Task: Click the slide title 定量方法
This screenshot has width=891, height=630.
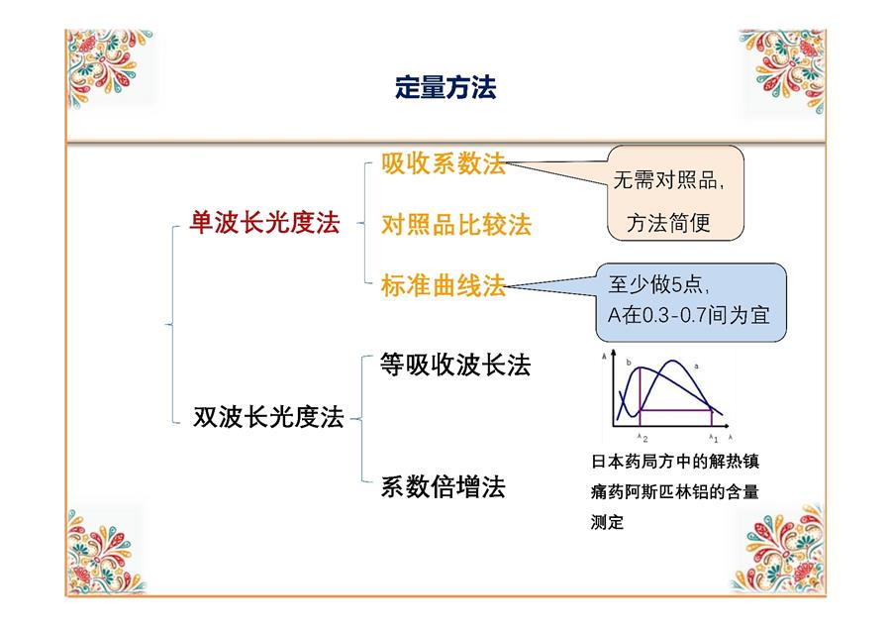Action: (x=445, y=87)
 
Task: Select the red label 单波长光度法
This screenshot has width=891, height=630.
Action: (x=264, y=222)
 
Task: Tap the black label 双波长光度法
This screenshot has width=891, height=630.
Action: (x=268, y=417)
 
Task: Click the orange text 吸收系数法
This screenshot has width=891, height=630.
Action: (x=444, y=163)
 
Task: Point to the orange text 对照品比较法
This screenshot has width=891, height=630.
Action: (x=456, y=225)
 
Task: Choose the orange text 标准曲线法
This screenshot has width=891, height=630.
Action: (x=444, y=285)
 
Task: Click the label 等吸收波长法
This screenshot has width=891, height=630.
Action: (x=455, y=365)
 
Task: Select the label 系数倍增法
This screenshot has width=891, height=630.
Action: (x=443, y=486)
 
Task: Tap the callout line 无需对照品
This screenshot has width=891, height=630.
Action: (x=669, y=180)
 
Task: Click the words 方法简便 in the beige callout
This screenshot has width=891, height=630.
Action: (x=669, y=222)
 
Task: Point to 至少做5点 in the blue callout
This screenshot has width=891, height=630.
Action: (x=658, y=283)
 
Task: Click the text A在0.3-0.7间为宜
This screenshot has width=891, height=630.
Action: (x=689, y=314)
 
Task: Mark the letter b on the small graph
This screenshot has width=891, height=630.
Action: (x=629, y=363)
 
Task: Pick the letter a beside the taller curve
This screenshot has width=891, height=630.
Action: (x=697, y=367)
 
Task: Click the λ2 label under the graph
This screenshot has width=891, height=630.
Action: (x=643, y=438)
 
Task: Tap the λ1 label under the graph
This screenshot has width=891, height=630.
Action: (x=714, y=438)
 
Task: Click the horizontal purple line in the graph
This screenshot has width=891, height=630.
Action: (x=675, y=410)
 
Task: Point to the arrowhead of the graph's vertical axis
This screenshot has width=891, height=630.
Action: (x=613, y=353)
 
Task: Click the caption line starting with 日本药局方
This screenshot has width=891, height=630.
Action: (x=675, y=461)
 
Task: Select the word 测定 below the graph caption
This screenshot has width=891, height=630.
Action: (x=607, y=522)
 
